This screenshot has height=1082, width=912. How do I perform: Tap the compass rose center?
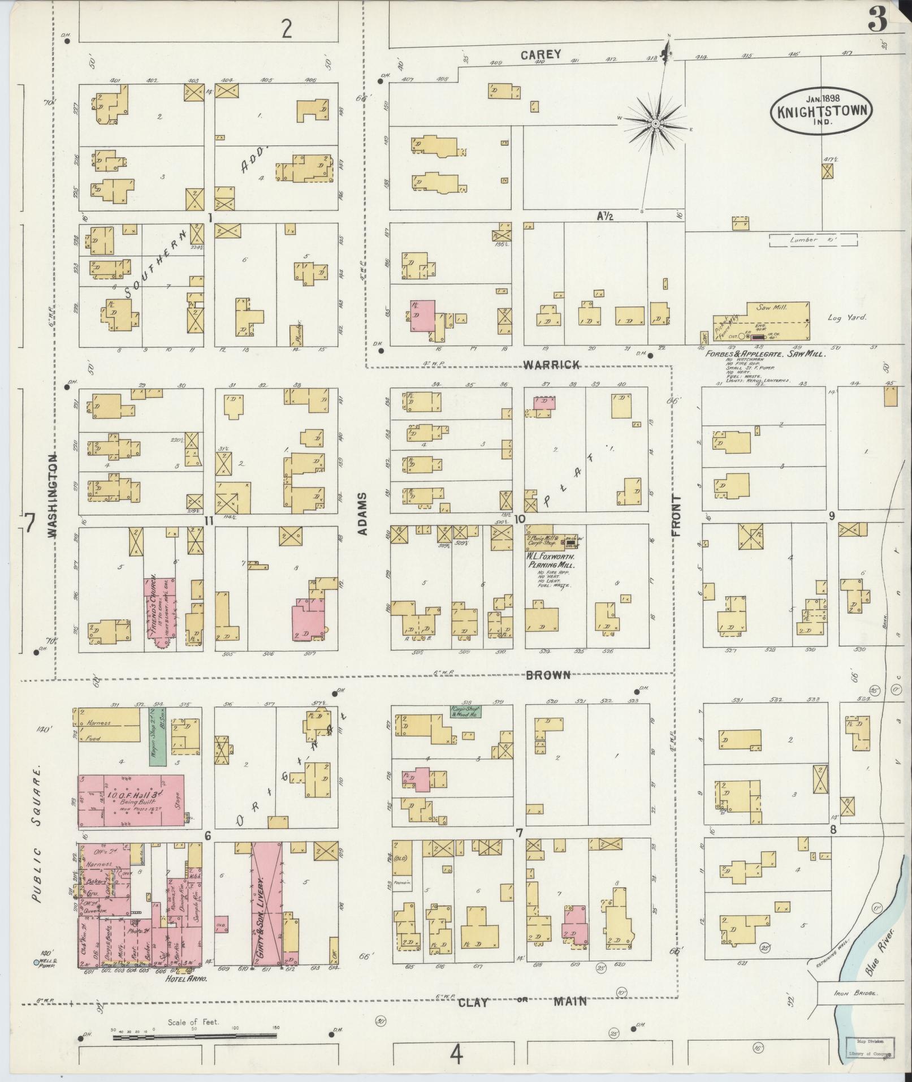coord(655,123)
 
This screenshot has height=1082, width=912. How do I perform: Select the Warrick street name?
coord(551,365)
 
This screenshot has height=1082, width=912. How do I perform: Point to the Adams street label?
coord(363,514)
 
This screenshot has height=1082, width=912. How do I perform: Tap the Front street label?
coord(676,515)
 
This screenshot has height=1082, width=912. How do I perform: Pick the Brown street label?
coord(548,674)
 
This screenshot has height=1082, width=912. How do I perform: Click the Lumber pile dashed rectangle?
coord(812,240)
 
